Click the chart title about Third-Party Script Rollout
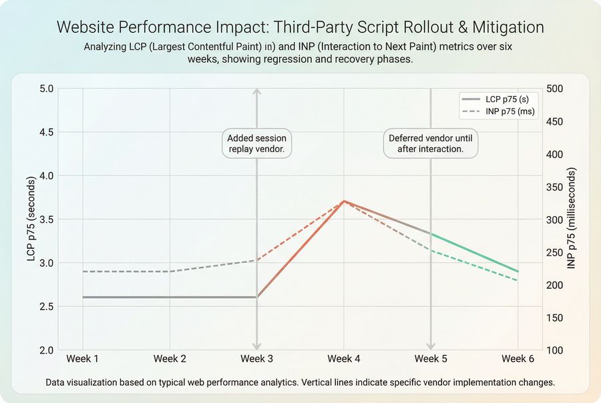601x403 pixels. point(300,27)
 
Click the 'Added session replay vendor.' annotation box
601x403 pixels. point(256,143)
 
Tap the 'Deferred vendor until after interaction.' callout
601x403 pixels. point(431,143)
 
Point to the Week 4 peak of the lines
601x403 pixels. point(344,201)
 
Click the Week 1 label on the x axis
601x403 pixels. point(83,359)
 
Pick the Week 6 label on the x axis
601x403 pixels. point(518,359)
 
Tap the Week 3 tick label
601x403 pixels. point(256,359)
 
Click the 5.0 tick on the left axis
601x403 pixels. point(47,89)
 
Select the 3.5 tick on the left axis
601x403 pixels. point(47,220)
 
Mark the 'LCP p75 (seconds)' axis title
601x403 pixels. point(31,219)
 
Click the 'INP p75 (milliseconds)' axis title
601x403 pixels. point(572,219)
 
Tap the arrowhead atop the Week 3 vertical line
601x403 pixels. point(257,91)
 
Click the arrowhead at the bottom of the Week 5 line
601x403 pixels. point(431,346)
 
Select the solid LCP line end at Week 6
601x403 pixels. point(518,272)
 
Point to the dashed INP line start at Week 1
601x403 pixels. point(83,272)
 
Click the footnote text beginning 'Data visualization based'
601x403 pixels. point(300,383)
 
